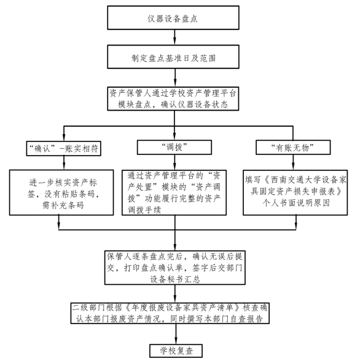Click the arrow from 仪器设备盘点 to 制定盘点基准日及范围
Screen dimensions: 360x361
[x=174, y=38]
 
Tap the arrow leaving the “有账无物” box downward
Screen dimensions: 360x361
[x=293, y=162]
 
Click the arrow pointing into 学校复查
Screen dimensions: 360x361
[x=176, y=334]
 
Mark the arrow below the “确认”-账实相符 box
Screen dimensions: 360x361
[x=64, y=163]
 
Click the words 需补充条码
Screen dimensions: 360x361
[x=63, y=205]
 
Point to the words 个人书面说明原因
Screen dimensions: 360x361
[x=296, y=203]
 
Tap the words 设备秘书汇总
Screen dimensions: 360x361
[x=175, y=279]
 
